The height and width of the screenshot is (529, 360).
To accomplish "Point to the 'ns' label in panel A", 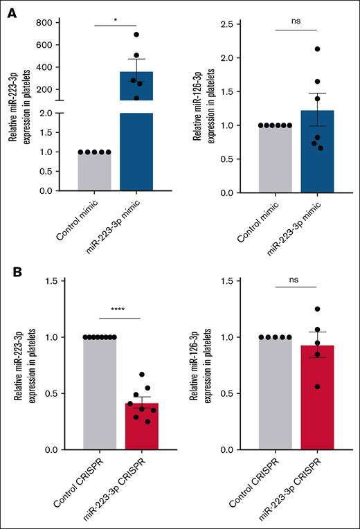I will coord(296,22).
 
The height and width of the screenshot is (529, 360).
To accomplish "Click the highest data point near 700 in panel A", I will coord(136,35).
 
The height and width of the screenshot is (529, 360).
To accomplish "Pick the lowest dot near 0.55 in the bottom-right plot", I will coord(298,386).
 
